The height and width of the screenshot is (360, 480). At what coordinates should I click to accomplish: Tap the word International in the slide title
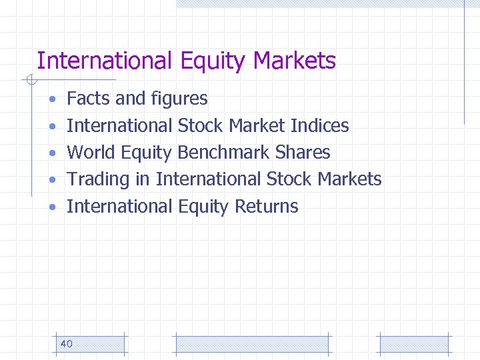pyautogui.click(x=105, y=61)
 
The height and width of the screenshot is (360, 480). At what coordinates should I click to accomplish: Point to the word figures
pyautogui.click(x=179, y=99)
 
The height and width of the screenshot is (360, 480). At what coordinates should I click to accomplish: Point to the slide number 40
pyautogui.click(x=67, y=344)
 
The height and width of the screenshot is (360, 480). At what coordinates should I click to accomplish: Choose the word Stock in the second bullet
pyautogui.click(x=200, y=125)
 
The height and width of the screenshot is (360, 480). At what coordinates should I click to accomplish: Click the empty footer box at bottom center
pyautogui.click(x=251, y=344)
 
